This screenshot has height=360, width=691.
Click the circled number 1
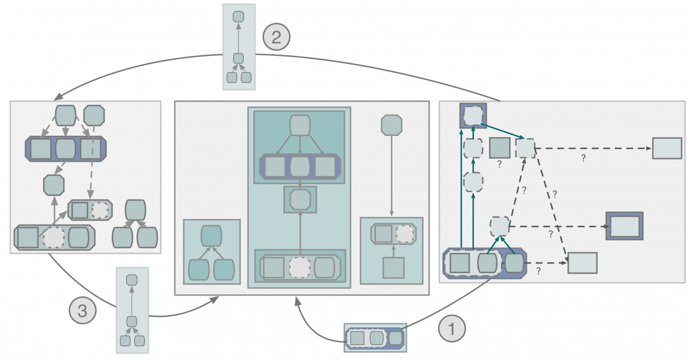[x=452, y=329]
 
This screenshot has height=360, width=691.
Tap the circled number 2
[x=276, y=37]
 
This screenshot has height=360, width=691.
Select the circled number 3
[x=82, y=312]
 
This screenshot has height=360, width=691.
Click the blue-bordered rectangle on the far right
[x=624, y=226]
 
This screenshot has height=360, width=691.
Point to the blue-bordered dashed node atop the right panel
[x=473, y=115]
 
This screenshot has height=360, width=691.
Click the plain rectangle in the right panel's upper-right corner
[x=667, y=148]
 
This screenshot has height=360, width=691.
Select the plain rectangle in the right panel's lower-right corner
[x=582, y=263]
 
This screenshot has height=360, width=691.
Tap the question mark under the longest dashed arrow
[x=583, y=158]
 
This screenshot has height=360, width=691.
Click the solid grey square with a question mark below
[x=499, y=148]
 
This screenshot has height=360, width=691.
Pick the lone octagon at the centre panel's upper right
[x=392, y=125]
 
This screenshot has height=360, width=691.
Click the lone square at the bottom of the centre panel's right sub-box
[x=393, y=268]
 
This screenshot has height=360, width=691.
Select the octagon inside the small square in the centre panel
[x=300, y=199]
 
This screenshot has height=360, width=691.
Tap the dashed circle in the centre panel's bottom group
[x=299, y=267]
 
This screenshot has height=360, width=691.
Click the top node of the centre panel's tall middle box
[x=300, y=125]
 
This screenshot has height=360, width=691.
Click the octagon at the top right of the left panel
[x=94, y=115]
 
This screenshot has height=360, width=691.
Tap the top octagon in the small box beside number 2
[x=238, y=16]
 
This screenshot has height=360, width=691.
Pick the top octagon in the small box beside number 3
[x=131, y=279]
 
